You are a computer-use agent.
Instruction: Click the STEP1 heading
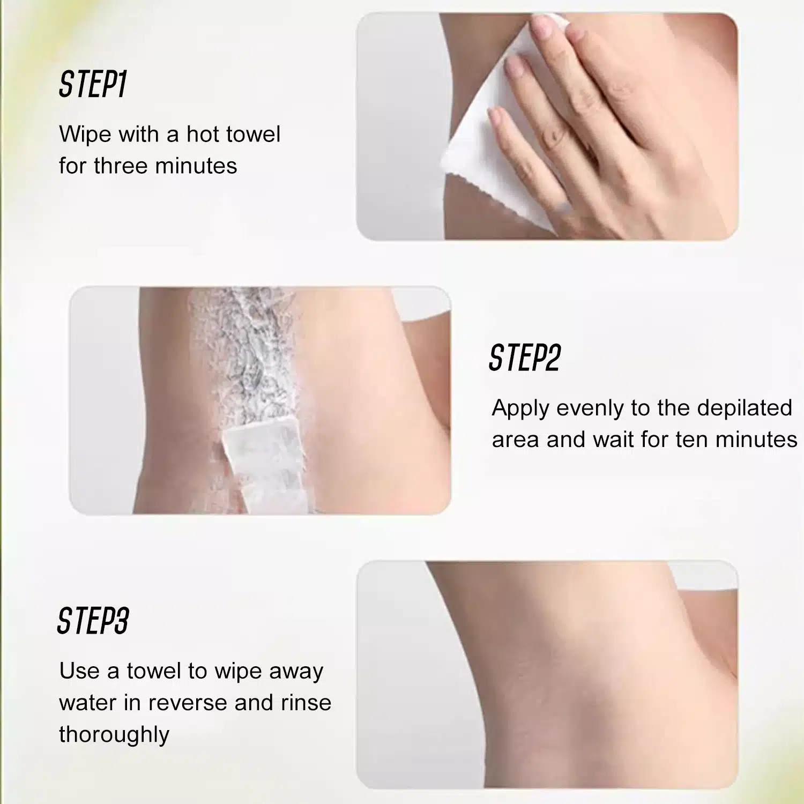(x=92, y=85)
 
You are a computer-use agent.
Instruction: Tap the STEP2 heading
(x=525, y=358)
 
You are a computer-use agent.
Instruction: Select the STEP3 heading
(x=93, y=621)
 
